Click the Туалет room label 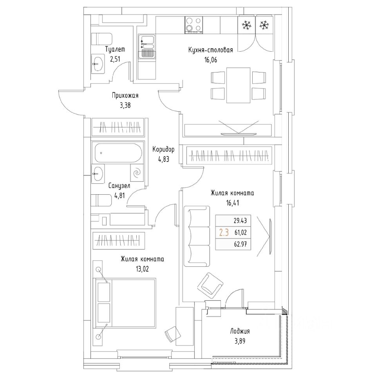(115, 50)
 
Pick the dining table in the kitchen (239, 85)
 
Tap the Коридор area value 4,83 (163, 159)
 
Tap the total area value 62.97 (242, 244)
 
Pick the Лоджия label (240, 331)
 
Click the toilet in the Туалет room (101, 39)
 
